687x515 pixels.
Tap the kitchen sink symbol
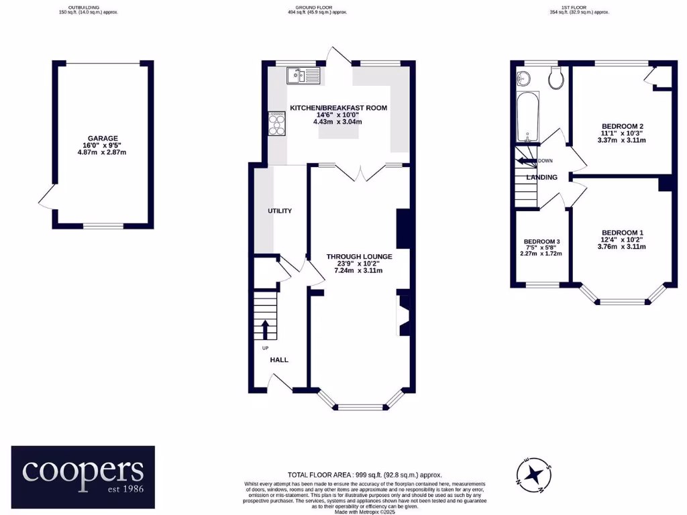[305, 76]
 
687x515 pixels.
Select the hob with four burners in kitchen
[276, 123]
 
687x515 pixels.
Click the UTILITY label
[280, 211]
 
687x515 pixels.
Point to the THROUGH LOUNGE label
[359, 256]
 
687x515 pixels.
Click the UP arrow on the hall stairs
[264, 329]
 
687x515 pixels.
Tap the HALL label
[279, 360]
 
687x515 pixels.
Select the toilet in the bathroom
[556, 79]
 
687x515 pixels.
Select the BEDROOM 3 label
[541, 241]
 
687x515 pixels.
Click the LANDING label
[541, 178]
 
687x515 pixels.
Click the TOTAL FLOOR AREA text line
[364, 475]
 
